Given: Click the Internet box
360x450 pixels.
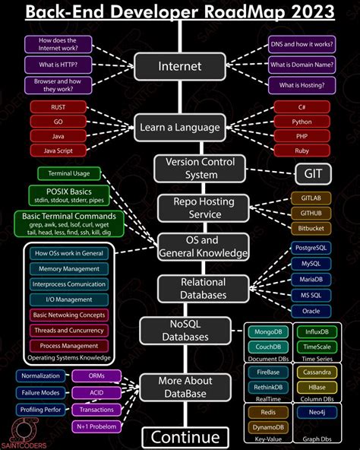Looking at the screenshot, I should click(x=180, y=66).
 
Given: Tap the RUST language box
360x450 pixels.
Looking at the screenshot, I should click(x=58, y=107).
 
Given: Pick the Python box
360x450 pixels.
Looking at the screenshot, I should click(x=302, y=122).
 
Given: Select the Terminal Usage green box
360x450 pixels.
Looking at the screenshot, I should click(x=69, y=174).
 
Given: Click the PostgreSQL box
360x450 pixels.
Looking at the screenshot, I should click(x=311, y=249).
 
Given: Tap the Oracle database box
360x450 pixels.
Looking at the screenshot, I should click(x=311, y=310).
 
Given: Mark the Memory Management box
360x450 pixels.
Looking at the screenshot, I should click(x=69, y=268).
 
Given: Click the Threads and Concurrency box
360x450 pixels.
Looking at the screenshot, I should click(x=69, y=331).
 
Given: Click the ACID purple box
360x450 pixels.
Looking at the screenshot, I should click(x=96, y=393).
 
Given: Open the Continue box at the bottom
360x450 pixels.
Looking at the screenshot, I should click(x=185, y=437).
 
